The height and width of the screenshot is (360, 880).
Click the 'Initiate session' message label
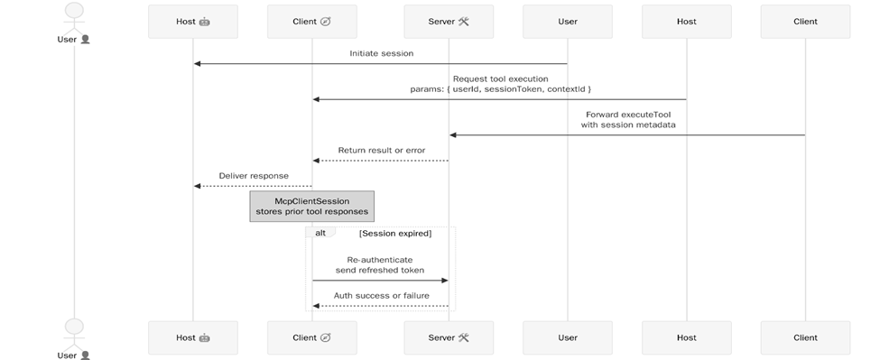381,53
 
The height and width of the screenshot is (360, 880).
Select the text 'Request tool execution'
500,78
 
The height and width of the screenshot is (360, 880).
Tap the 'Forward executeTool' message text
627,115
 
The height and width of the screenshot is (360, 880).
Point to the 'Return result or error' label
381,150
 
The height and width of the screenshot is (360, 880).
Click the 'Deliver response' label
254,175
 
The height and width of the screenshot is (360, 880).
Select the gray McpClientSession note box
311,205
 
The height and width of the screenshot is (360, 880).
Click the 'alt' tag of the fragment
320,233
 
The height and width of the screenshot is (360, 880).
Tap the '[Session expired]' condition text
394,234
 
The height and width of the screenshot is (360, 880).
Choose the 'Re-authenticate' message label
379,259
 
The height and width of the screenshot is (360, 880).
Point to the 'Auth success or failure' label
380,295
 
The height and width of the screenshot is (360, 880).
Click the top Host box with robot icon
193,21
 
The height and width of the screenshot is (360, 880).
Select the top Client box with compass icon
312,21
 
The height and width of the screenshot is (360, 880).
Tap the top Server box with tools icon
449,21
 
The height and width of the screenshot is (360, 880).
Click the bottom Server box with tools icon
449,337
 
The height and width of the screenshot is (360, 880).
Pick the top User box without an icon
567,21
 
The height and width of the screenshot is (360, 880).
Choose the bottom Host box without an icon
686,337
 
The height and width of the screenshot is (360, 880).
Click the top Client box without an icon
805,21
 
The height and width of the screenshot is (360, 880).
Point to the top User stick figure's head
73,10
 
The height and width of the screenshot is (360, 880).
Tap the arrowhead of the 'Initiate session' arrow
198,63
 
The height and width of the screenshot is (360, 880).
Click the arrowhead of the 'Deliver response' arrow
198,186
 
